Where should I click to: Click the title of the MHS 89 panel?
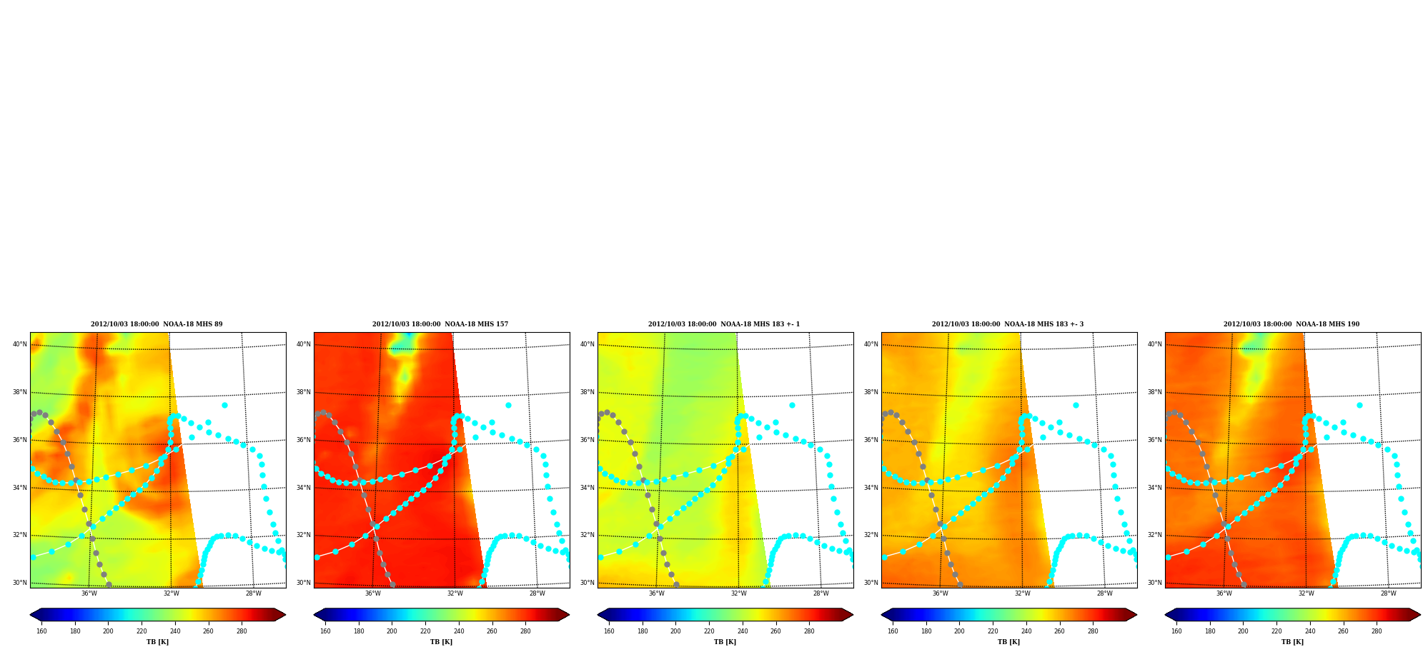point(157,324)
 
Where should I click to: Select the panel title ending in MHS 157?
point(440,324)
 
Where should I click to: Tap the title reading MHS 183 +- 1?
point(724,324)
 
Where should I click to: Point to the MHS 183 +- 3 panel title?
point(1008,324)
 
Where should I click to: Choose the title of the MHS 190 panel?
point(1291,324)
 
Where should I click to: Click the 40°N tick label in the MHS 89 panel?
point(19,344)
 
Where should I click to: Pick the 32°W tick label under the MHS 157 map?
point(455,593)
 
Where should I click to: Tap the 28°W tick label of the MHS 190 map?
point(1389,593)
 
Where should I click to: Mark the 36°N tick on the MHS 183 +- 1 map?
point(587,440)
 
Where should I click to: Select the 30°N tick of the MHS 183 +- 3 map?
point(871,583)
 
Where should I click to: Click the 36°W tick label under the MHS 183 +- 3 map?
point(941,593)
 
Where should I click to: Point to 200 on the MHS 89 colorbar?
point(108,631)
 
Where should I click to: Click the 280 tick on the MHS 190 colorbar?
point(1377,631)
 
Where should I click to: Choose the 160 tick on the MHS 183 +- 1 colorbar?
point(609,631)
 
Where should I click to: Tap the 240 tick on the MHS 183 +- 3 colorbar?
point(1026,631)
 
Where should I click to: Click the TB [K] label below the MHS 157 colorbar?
point(441,642)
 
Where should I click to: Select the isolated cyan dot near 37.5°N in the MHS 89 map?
point(224,405)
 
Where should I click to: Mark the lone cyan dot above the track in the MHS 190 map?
point(1359,405)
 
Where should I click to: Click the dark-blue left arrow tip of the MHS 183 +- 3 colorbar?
point(882,615)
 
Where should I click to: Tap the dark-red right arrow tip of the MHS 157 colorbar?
point(569,615)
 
